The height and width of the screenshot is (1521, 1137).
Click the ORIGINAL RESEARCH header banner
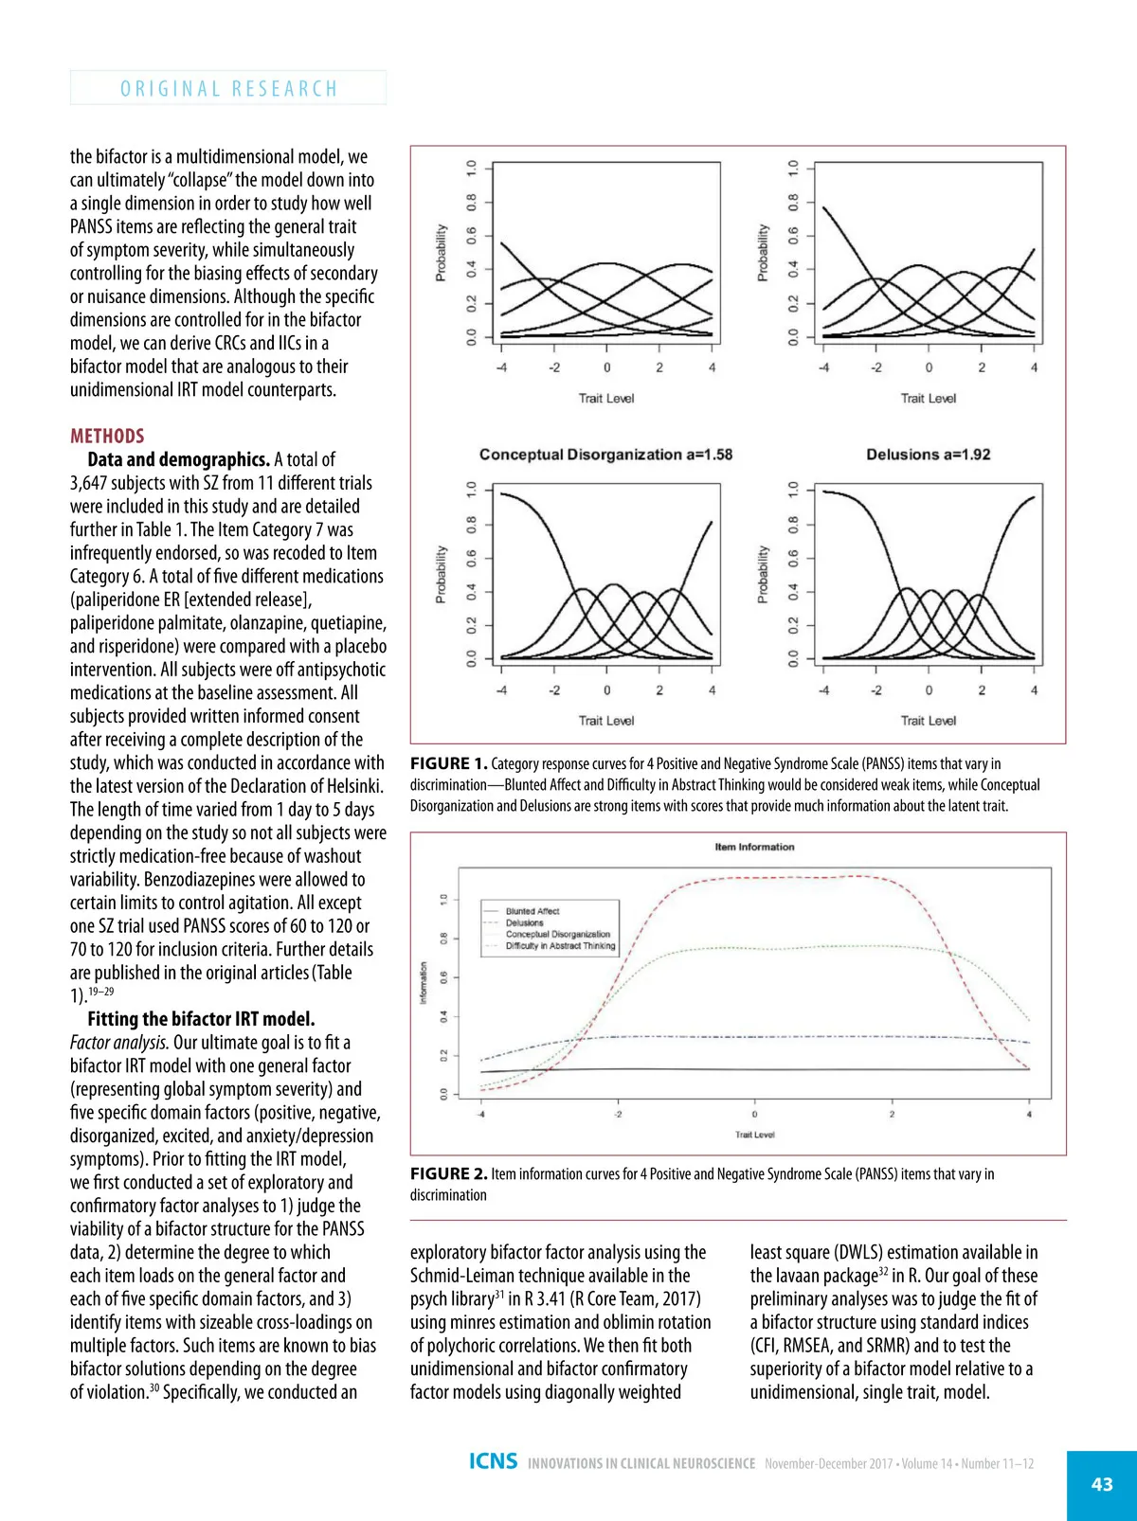(228, 88)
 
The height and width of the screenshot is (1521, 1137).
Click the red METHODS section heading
(107, 436)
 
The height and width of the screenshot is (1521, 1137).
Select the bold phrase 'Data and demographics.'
(178, 459)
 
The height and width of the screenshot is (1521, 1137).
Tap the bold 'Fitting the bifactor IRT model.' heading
(201, 1019)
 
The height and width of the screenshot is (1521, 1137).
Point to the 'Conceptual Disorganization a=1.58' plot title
(605, 455)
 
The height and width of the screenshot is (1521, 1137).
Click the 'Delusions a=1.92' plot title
(928, 455)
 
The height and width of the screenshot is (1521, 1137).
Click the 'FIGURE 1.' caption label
(448, 763)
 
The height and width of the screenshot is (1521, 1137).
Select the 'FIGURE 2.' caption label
(448, 1173)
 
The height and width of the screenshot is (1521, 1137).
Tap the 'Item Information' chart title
(754, 847)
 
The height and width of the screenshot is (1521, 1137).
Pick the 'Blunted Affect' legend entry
(532, 911)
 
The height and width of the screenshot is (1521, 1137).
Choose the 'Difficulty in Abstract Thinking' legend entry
(560, 945)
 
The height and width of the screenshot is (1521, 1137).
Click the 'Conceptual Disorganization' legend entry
(557, 934)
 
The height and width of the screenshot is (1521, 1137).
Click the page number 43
(1102, 1484)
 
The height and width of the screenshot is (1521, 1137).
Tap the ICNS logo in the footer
(493, 1461)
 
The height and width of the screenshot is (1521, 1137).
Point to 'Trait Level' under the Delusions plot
(928, 721)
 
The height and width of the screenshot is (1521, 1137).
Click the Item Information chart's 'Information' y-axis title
(423, 983)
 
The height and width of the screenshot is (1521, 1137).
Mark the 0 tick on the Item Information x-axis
(754, 1115)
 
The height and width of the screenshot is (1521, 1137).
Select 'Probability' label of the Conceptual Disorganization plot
(441, 574)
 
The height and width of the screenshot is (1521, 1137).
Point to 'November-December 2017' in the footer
(828, 1464)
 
